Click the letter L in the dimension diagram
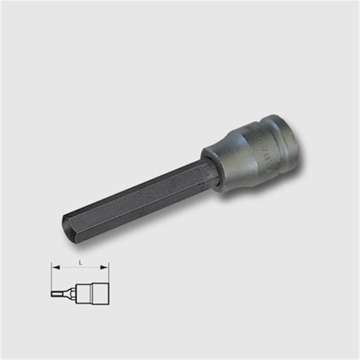[81, 263]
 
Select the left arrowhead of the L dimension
[56, 267]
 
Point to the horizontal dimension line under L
[81, 267]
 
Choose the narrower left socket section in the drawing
[84, 293]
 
